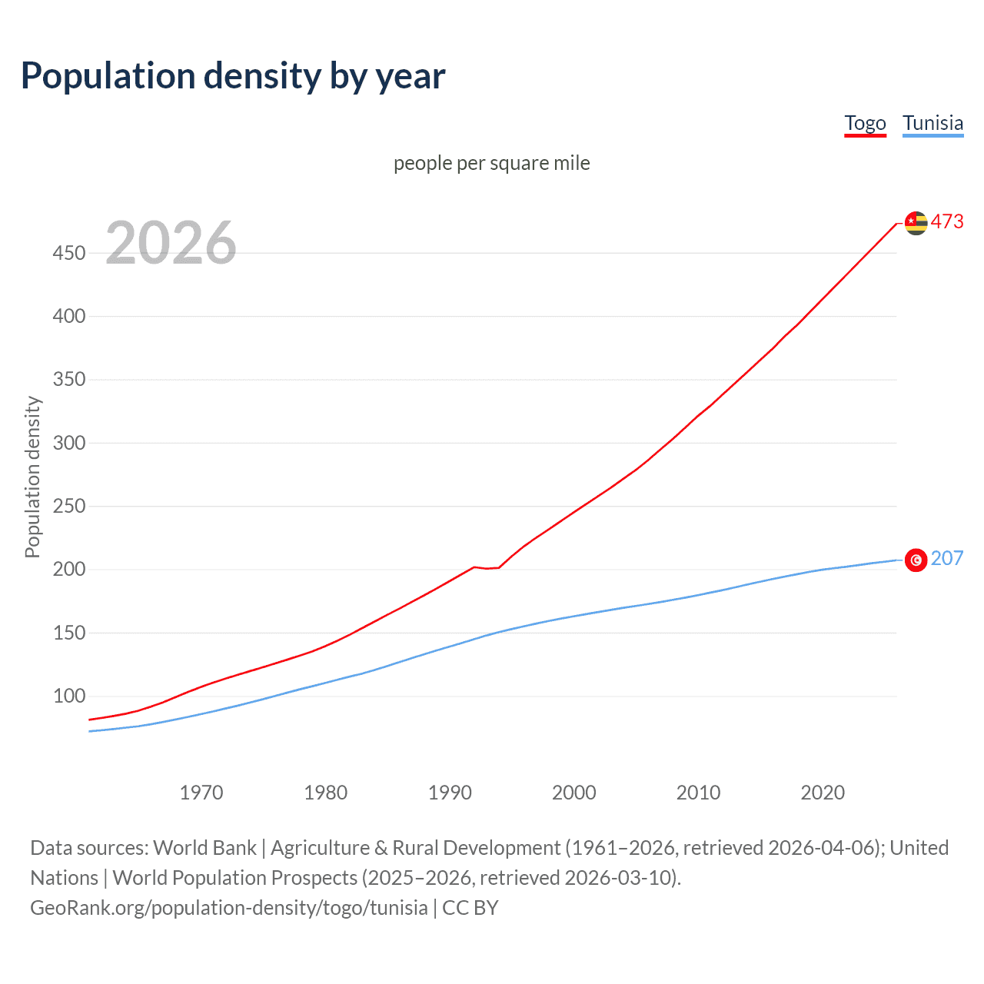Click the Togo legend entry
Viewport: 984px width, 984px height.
pos(865,123)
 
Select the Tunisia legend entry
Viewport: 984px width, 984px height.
pos(932,123)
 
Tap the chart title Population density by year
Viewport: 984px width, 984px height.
pos(233,75)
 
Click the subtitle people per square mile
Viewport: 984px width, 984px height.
pos(491,163)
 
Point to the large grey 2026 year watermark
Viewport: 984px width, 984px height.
pos(171,243)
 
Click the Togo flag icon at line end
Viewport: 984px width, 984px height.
pos(916,223)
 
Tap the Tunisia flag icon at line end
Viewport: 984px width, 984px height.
pos(916,560)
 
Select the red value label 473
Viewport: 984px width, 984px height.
pos(947,221)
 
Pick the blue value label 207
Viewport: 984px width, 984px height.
pos(947,558)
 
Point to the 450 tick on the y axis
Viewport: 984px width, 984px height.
pos(69,253)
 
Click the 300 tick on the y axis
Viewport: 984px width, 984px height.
pos(69,443)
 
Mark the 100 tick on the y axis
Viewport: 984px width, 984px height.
pos(69,696)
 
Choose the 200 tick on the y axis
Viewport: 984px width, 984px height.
pos(69,570)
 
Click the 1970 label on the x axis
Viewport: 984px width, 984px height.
pos(201,793)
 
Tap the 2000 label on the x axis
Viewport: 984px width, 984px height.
pos(574,793)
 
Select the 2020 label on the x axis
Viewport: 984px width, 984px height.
pos(823,793)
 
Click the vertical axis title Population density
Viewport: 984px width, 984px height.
pos(32,477)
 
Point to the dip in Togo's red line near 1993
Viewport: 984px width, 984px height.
pos(487,568)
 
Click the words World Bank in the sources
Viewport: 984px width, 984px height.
pos(204,848)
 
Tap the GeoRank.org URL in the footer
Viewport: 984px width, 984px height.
pos(228,908)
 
